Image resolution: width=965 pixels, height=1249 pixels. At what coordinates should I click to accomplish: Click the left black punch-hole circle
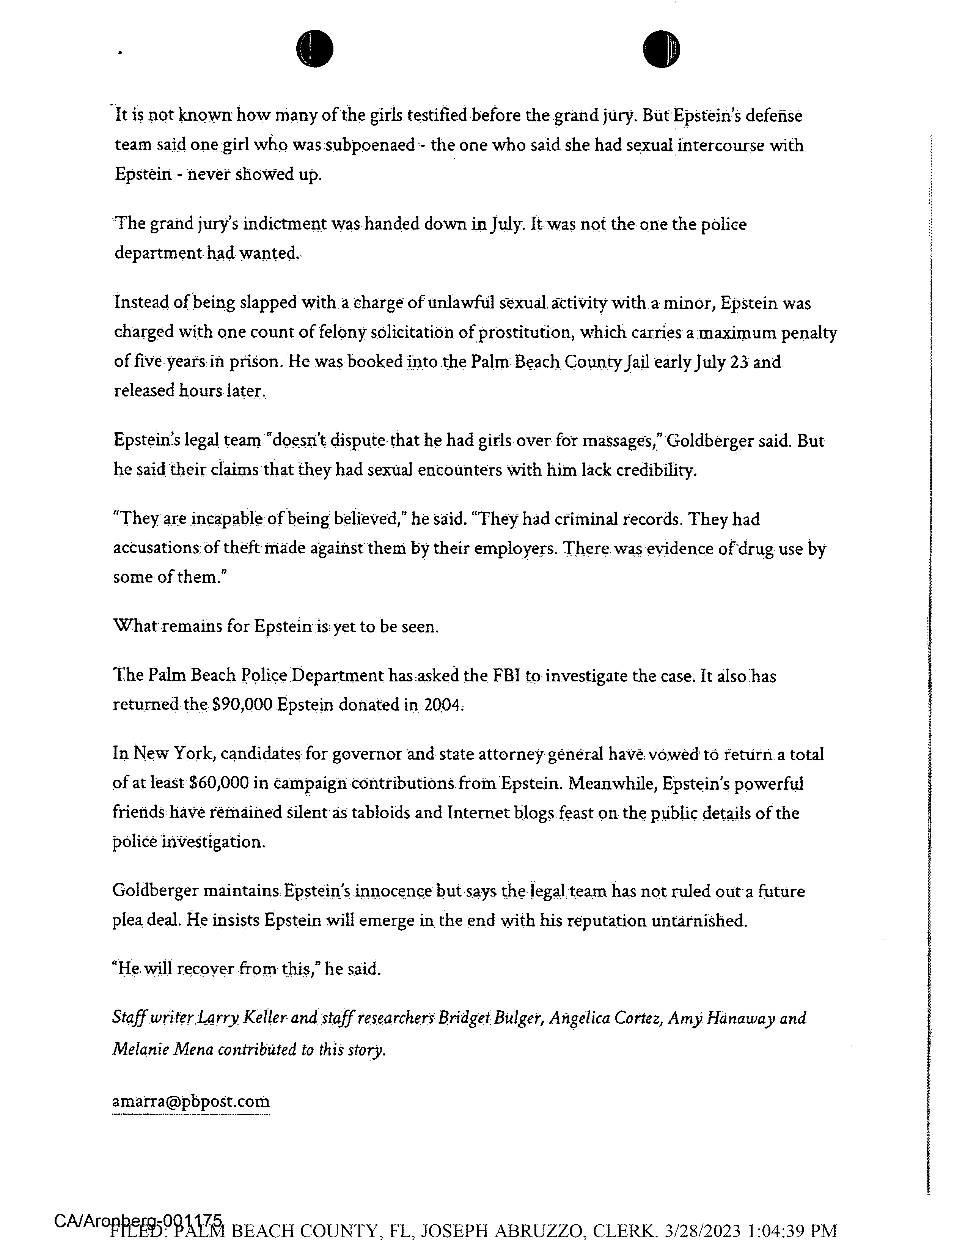[x=314, y=49]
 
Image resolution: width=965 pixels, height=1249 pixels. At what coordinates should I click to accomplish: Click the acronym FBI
[x=506, y=676]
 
